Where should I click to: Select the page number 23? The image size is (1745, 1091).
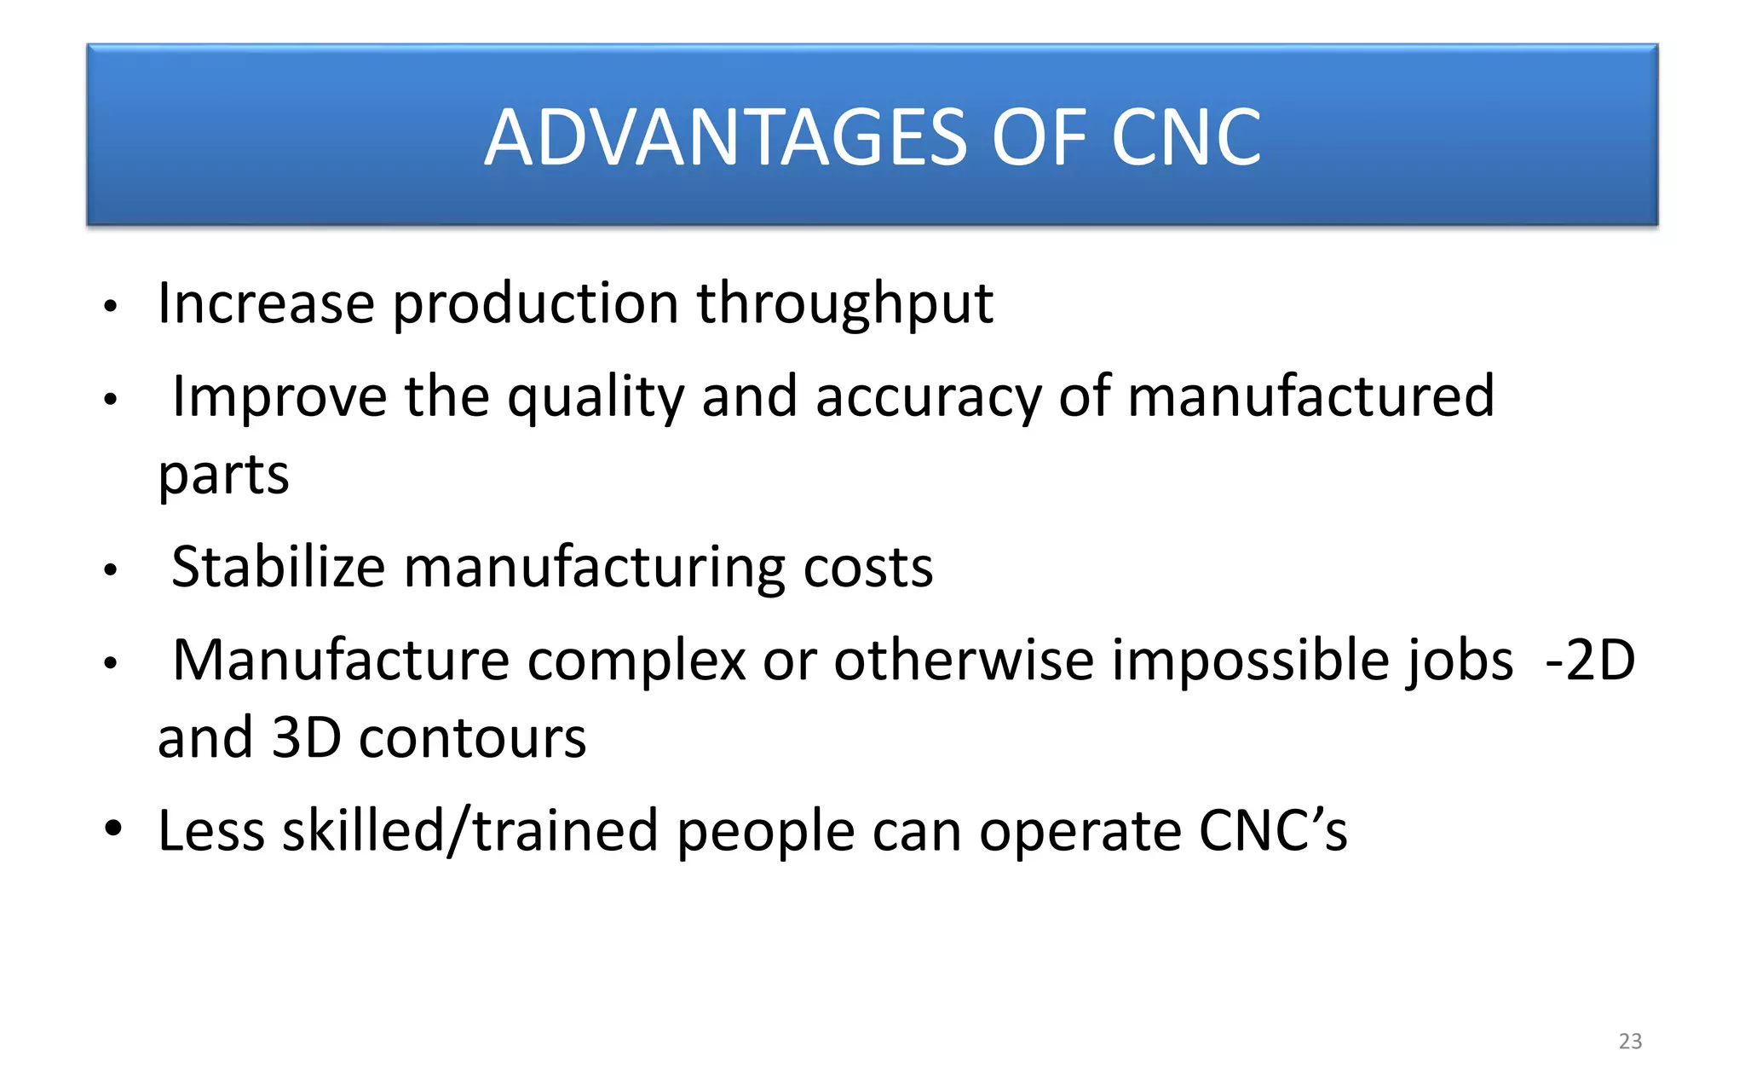tap(1630, 1041)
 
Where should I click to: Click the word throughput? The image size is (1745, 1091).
tap(844, 303)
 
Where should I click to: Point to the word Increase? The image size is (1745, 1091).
tap(266, 303)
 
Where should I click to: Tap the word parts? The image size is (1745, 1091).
tap(223, 475)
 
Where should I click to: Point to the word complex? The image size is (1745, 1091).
tap(636, 661)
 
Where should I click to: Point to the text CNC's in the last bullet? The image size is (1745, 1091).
tap(1273, 831)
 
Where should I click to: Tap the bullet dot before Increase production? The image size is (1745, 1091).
tap(110, 307)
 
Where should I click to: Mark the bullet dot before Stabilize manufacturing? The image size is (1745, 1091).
tap(110, 570)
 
